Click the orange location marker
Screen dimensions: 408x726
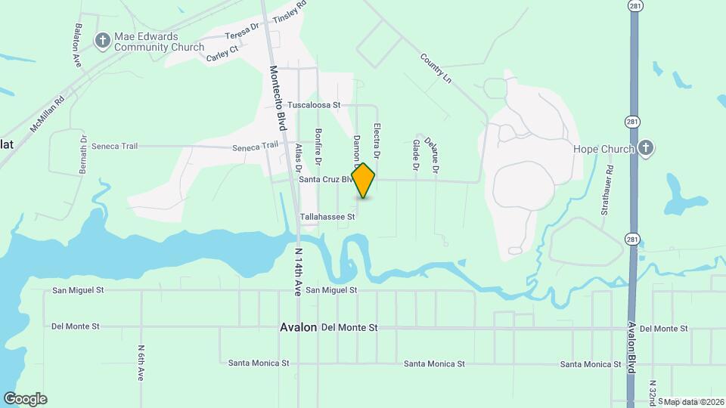(x=364, y=181)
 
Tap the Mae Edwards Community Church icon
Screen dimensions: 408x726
(x=103, y=41)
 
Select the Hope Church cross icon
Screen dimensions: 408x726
(x=645, y=148)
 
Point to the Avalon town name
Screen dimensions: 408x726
(x=298, y=328)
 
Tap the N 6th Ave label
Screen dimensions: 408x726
(x=141, y=363)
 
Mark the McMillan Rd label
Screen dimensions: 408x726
(x=48, y=111)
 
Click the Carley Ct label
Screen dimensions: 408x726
(x=222, y=48)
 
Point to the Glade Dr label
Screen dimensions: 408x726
(x=415, y=154)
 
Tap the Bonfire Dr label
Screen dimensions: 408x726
(x=318, y=147)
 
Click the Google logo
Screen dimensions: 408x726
(x=25, y=399)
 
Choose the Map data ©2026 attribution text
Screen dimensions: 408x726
(x=691, y=402)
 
